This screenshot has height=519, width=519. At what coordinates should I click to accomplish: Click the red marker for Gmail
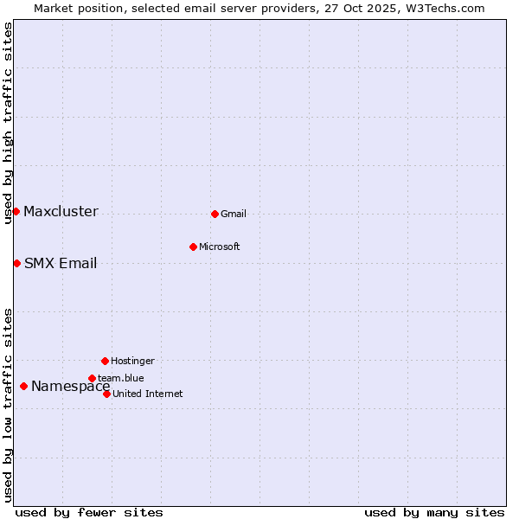[215, 214]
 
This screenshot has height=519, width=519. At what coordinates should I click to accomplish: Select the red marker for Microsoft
[193, 247]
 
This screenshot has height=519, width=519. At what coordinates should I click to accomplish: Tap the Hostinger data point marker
[105, 361]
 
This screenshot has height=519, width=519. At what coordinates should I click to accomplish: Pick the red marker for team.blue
[92, 378]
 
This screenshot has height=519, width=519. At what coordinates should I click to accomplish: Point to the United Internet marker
[106, 394]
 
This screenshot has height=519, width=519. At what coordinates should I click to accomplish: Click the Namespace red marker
[23, 386]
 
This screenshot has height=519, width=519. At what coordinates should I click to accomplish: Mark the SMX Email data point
[16, 263]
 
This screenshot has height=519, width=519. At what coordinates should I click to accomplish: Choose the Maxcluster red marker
[16, 211]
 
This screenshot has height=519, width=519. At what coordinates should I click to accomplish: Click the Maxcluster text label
[61, 212]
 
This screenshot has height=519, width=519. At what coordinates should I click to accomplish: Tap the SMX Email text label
[61, 264]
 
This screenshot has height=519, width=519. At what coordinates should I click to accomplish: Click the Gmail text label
[234, 215]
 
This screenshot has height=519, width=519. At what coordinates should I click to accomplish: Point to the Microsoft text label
[220, 247]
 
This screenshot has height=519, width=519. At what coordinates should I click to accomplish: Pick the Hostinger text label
[132, 362]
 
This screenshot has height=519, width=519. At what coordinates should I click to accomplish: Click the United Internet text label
[148, 394]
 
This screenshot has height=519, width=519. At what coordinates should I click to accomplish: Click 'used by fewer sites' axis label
[89, 513]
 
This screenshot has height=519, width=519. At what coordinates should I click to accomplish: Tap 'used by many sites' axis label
[434, 513]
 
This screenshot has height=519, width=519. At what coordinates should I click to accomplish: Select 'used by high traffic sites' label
[8, 123]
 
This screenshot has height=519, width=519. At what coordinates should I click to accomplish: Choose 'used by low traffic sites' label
[8, 405]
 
